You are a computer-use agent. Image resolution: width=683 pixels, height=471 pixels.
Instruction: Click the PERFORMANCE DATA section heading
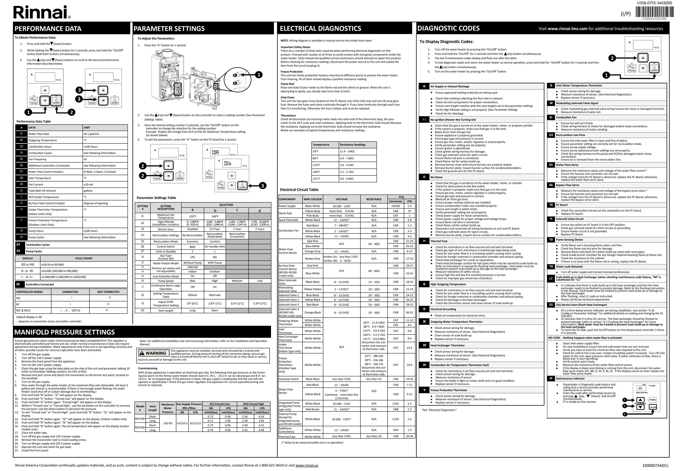pyautogui.click(x=48, y=29)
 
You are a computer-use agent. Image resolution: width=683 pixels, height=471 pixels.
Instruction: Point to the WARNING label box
pyautogui.click(x=153, y=353)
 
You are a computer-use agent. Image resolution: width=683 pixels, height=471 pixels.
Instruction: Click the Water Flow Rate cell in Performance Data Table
pyautogui.click(x=39, y=134)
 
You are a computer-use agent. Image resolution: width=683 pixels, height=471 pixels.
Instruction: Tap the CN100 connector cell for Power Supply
pyautogui.click(x=395, y=206)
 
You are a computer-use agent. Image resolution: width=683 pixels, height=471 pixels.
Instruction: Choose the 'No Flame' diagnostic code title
pyautogui.click(x=436, y=177)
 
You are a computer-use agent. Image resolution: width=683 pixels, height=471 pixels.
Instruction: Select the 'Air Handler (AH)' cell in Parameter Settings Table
pyautogui.click(x=215, y=247)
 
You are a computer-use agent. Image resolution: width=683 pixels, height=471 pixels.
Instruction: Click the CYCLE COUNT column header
pyautogui.click(x=84, y=258)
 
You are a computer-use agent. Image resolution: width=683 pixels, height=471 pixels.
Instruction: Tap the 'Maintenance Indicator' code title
pyautogui.click(x=570, y=378)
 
